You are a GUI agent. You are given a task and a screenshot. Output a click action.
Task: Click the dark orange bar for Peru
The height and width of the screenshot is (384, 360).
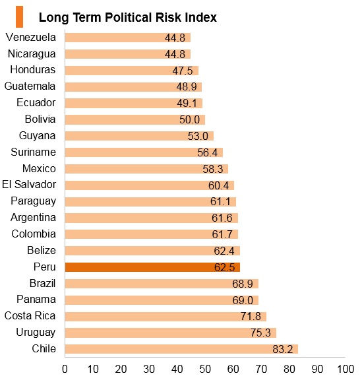click(152, 267)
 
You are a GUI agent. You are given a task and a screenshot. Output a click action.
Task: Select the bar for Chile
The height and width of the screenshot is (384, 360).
click(181, 349)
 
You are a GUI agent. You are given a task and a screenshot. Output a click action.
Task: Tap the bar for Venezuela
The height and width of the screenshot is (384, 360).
click(128, 38)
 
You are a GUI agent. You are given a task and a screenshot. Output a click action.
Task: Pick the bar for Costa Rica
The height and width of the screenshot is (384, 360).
click(165, 317)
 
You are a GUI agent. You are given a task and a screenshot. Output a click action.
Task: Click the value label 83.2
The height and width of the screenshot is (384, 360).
click(283, 349)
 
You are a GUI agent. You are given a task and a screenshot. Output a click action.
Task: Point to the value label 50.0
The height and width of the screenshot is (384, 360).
click(189, 120)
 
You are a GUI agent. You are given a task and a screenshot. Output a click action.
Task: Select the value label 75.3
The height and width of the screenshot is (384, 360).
click(260, 333)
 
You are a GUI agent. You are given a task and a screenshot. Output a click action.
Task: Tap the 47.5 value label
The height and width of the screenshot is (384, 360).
click(183, 71)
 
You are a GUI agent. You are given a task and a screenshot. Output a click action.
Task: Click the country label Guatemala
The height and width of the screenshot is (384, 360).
click(30, 86)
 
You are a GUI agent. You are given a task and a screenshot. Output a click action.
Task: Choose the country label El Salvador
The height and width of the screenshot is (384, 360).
click(29, 184)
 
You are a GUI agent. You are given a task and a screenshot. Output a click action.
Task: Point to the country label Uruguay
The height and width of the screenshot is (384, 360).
click(36, 333)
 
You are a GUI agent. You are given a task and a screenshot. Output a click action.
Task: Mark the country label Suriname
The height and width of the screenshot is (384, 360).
click(33, 152)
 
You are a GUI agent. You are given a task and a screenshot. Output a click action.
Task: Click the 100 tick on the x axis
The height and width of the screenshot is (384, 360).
click(345, 369)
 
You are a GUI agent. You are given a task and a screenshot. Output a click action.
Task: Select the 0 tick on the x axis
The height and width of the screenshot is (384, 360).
click(65, 369)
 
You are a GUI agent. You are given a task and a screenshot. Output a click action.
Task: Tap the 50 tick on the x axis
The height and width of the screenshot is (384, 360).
click(205, 369)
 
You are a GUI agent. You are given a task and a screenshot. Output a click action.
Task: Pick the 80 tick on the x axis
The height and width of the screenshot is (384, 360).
click(289, 369)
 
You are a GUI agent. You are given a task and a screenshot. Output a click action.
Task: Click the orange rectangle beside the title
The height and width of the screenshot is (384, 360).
click(19, 17)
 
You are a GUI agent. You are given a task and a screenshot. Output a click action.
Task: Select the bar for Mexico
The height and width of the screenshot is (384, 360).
click(146, 169)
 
